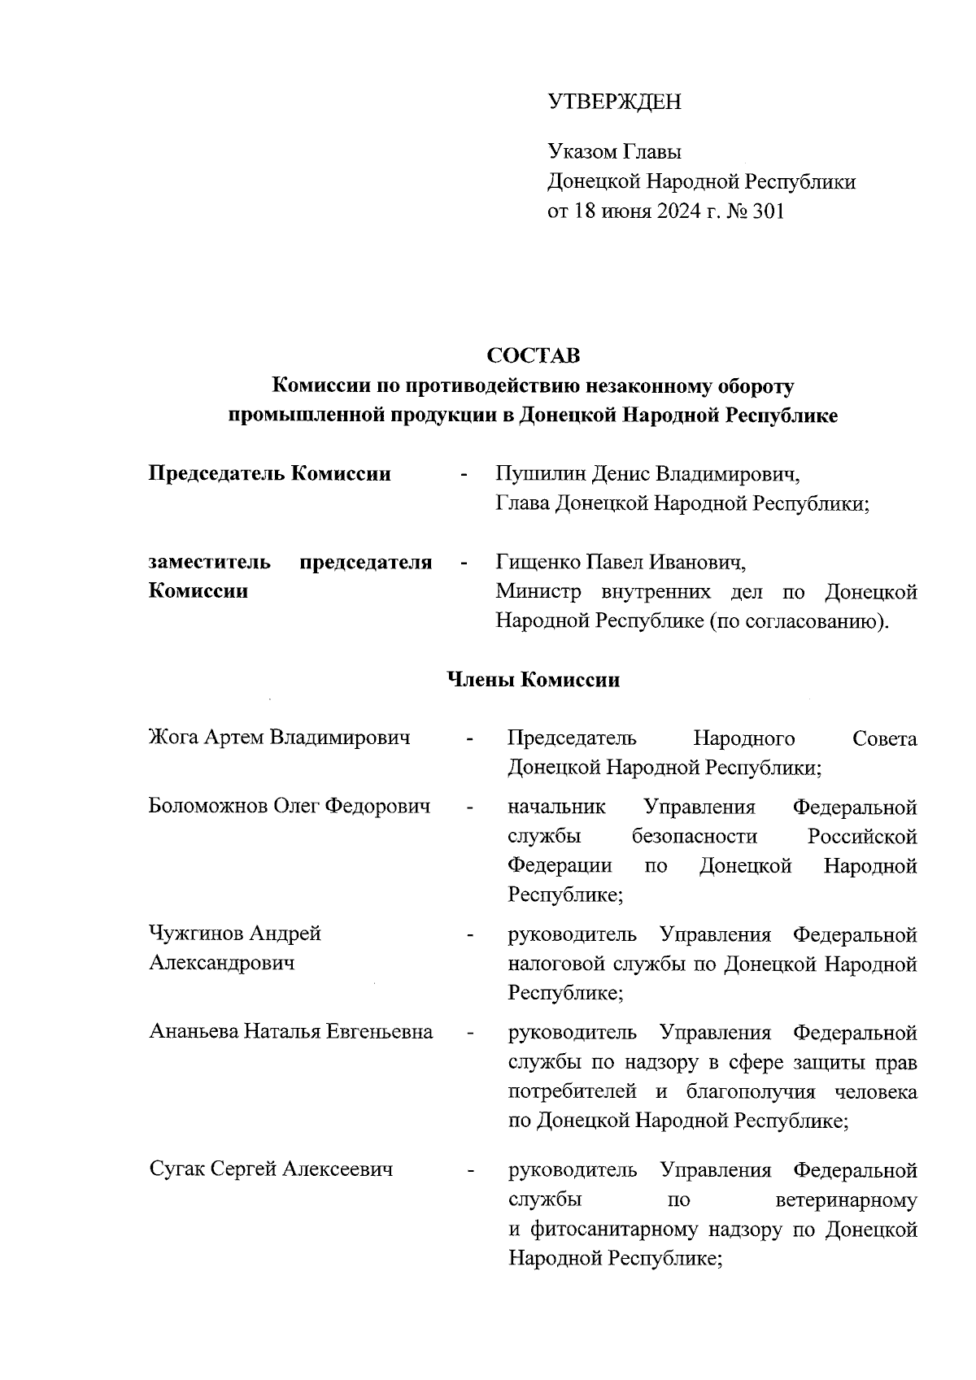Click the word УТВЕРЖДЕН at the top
[x=614, y=102]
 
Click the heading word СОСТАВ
[x=534, y=355]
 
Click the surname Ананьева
[x=194, y=1032]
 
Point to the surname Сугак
[x=176, y=1169]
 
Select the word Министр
[x=541, y=591]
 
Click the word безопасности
[x=694, y=836]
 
